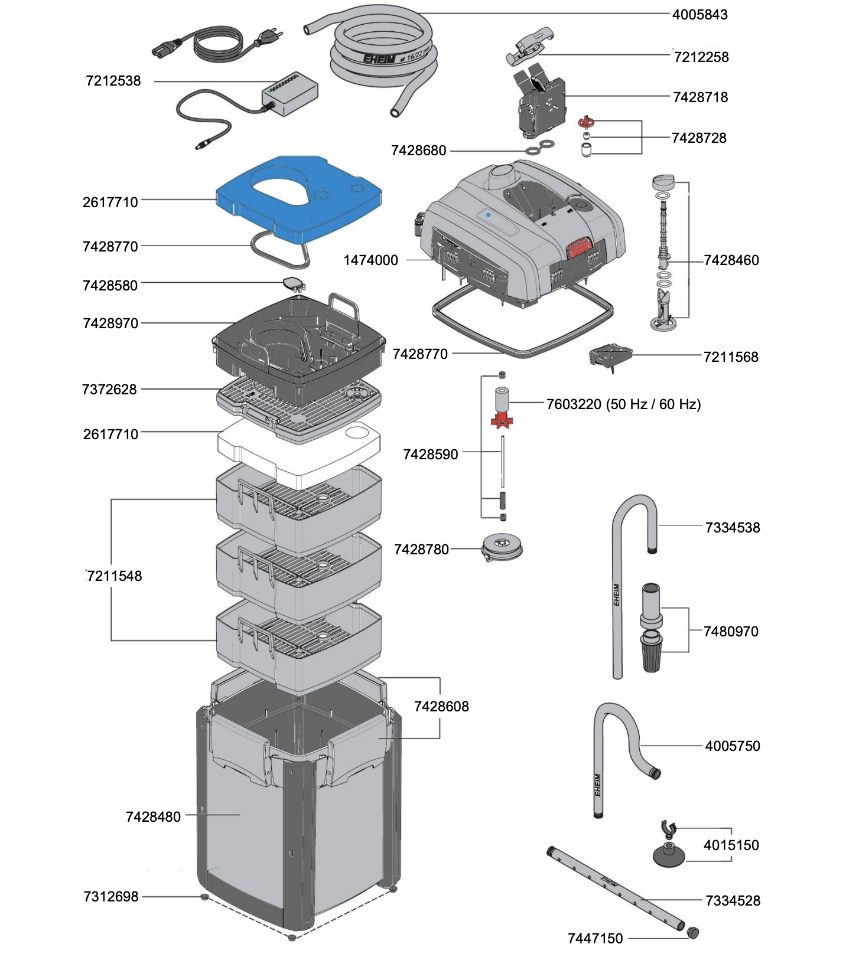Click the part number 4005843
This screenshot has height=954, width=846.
coord(699,15)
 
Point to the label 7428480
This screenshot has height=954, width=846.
coord(153,817)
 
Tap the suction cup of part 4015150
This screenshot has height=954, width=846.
coord(669,857)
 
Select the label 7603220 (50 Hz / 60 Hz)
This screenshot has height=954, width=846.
coord(623,404)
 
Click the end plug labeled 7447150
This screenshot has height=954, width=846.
coord(693,933)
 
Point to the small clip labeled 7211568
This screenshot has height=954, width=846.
coord(610,356)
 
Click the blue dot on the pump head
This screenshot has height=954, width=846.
coord(488,215)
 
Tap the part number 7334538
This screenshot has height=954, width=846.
coord(732,528)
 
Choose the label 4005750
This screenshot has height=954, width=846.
coord(732,746)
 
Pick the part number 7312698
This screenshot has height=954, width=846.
coord(111,897)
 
